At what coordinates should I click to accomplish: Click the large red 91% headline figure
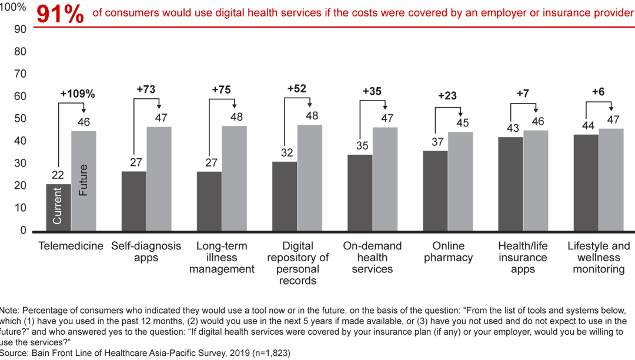click(60, 15)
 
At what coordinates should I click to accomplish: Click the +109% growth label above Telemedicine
click(78, 94)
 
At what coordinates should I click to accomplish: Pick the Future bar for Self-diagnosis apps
click(159, 179)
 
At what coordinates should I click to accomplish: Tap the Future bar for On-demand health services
click(385, 179)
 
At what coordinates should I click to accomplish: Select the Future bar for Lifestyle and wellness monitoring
click(611, 179)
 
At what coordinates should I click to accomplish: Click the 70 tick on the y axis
click(20, 74)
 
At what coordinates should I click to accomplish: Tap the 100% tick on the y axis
click(14, 7)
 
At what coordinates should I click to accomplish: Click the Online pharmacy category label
click(448, 252)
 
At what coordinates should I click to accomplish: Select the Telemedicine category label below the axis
click(71, 246)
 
